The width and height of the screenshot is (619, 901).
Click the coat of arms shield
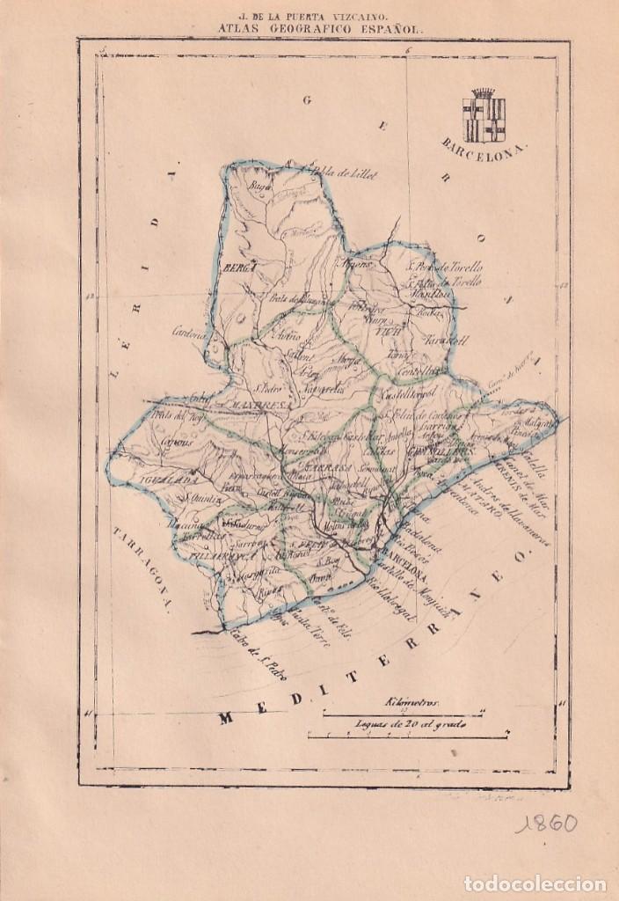pos(484,116)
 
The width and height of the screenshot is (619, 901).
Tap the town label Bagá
pos(259,188)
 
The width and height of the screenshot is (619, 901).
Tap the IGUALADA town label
pos(164,480)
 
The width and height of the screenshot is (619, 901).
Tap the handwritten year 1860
pos(546,824)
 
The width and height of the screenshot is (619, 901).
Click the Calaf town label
pos(200,395)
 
